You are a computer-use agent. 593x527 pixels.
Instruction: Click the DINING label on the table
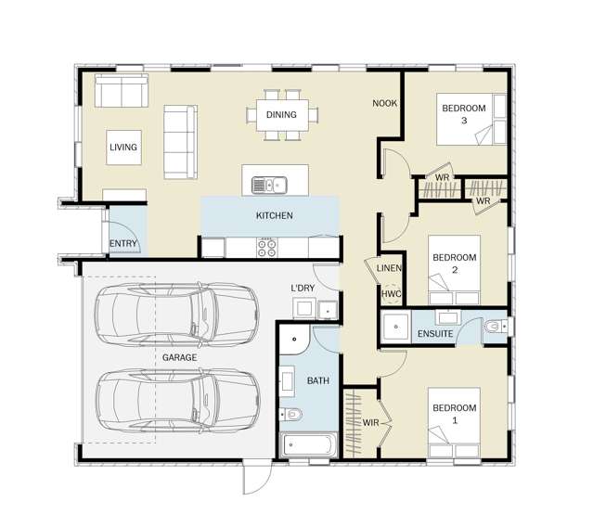281,114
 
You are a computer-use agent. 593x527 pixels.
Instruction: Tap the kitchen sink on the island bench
269,186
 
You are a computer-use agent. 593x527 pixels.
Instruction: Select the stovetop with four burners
266,248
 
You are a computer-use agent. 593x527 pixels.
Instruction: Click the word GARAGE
179,357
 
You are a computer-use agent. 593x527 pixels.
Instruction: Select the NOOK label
384,103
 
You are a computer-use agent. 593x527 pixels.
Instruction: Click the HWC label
392,294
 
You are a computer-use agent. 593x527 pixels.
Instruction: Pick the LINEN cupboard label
389,268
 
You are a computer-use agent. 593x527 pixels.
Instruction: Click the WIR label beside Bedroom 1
370,423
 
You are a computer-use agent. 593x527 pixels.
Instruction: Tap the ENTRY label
122,243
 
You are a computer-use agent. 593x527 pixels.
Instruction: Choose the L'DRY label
303,288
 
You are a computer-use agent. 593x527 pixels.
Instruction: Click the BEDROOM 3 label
464,114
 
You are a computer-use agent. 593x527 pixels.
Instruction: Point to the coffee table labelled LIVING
123,148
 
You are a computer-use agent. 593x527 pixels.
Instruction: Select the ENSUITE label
435,334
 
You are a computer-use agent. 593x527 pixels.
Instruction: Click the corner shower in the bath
294,339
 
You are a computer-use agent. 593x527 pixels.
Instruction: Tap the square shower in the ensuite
395,327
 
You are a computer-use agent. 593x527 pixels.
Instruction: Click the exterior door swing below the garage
258,477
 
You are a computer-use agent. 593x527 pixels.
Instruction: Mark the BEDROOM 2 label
455,263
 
